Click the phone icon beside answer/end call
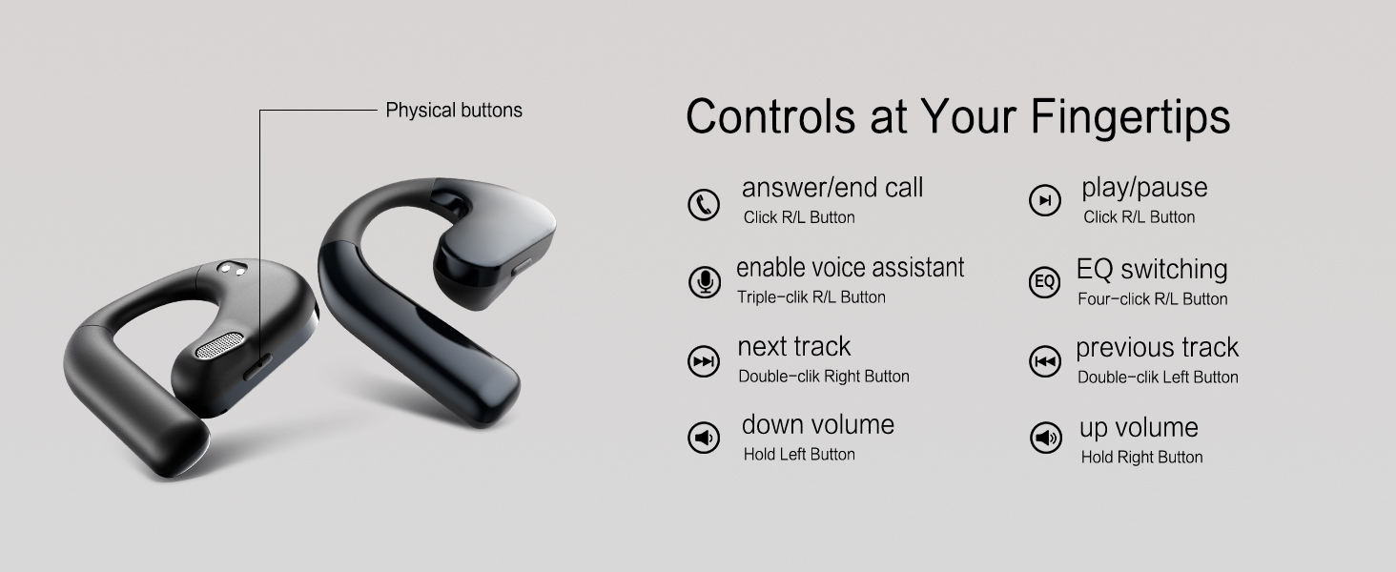coord(704,204)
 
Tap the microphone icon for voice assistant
coord(705,282)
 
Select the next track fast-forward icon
coord(704,361)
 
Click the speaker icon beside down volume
coord(704,439)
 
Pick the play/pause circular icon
coord(1045,200)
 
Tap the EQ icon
coord(1045,282)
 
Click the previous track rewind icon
coord(1045,361)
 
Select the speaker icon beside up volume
coord(1046,439)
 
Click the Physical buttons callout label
coord(454,111)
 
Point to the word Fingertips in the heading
coord(1130,116)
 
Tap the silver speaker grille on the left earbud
coord(221,345)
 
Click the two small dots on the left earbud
coord(230,270)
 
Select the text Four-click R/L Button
coord(1153,299)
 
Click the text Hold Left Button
coord(799,455)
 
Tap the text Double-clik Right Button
coord(824,377)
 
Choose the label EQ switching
coord(1152,270)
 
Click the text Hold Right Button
coord(1141,458)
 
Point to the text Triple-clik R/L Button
coord(811,297)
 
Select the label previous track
coord(1157,348)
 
